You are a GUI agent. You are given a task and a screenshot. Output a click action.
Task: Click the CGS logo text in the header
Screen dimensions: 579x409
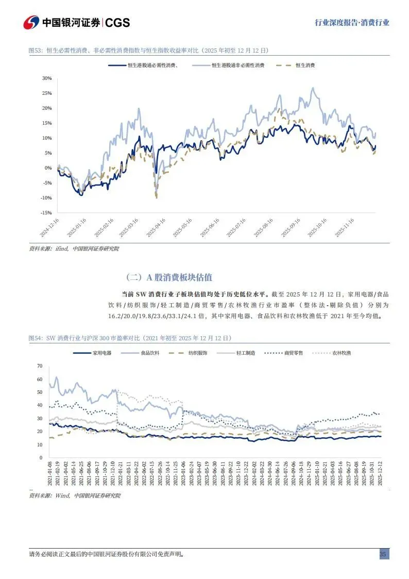click(x=117, y=22)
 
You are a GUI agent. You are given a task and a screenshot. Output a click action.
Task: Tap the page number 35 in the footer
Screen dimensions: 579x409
click(x=383, y=554)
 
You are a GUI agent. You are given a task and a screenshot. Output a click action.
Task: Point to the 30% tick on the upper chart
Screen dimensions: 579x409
click(x=47, y=78)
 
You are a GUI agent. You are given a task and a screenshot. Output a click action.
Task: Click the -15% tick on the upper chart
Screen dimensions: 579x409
click(x=46, y=212)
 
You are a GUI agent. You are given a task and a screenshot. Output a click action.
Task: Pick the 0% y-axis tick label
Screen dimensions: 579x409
click(x=48, y=168)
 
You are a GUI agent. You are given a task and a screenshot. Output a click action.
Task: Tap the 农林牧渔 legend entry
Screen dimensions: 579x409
click(x=341, y=353)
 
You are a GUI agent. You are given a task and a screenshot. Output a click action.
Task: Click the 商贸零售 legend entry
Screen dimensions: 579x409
click(x=294, y=353)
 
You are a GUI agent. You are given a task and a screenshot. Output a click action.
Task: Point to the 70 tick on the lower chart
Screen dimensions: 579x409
click(x=39, y=366)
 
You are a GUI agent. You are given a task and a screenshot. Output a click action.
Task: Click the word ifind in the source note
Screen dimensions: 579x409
click(x=61, y=249)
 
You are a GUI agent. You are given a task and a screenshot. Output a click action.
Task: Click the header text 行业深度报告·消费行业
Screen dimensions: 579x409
click(x=352, y=23)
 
